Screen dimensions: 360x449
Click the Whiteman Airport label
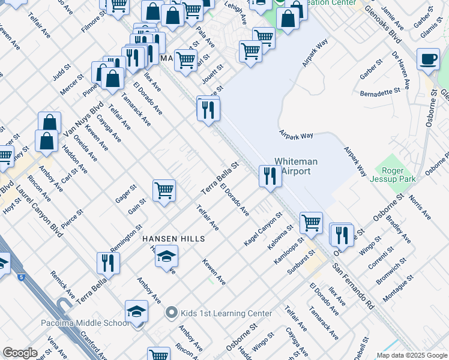(x=296, y=166)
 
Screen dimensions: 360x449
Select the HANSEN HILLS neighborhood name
(x=173, y=239)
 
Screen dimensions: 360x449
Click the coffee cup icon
(x=429, y=60)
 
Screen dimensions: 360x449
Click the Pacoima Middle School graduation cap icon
(x=137, y=312)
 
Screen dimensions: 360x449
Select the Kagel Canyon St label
(x=263, y=229)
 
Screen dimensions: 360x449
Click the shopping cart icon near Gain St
(x=164, y=191)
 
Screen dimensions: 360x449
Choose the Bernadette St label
(x=380, y=93)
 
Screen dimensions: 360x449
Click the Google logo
(x=20, y=353)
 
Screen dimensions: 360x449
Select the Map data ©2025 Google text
(x=411, y=355)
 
